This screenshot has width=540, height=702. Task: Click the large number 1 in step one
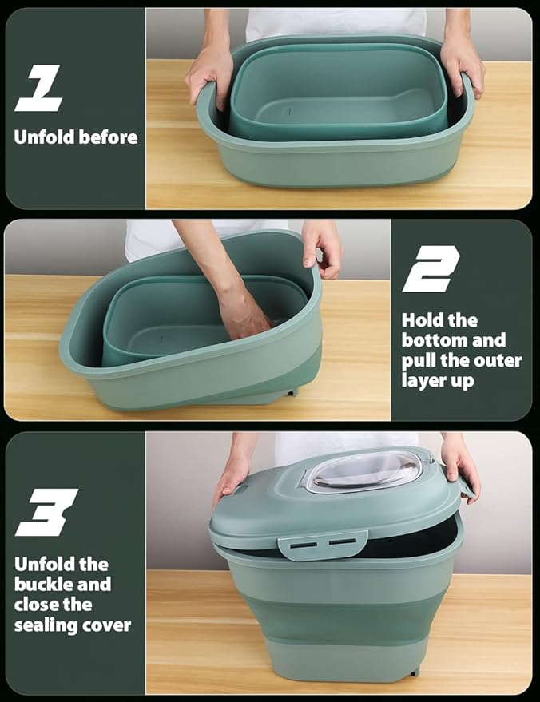(39, 88)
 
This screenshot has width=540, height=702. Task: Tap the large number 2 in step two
(431, 268)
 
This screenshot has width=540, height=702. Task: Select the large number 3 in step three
(46, 512)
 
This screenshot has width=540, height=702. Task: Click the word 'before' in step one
(107, 137)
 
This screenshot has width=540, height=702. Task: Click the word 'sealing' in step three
(43, 625)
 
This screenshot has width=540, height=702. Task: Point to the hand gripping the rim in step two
(323, 247)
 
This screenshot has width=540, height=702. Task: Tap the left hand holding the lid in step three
(232, 474)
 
